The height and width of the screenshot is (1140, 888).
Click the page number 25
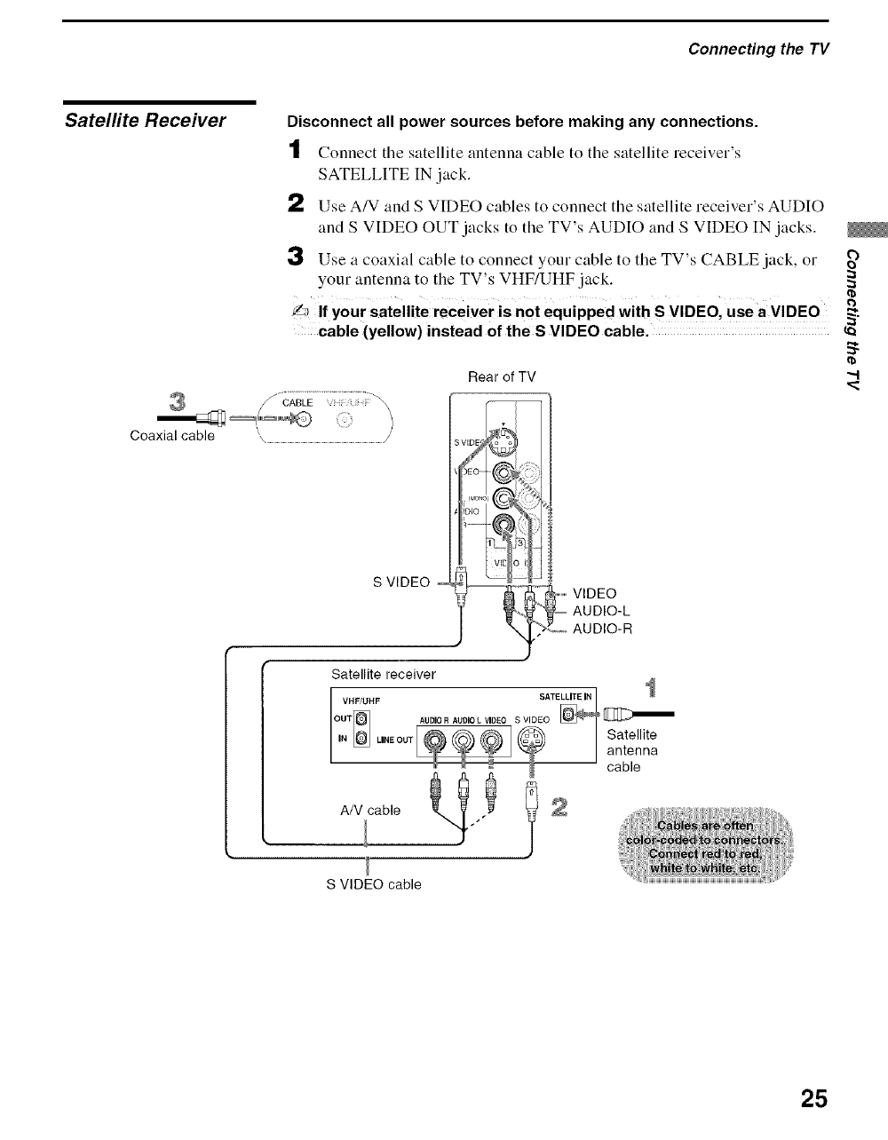[x=813, y=1099]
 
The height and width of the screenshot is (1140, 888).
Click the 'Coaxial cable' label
[x=172, y=436]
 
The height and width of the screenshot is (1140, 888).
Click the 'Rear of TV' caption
[x=502, y=376]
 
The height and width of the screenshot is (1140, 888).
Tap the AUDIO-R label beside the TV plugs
[x=602, y=629]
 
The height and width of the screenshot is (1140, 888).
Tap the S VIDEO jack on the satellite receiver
[x=533, y=739]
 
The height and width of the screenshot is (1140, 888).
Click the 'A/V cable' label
[x=370, y=810]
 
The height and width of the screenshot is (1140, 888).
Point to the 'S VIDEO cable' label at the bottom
[x=374, y=884]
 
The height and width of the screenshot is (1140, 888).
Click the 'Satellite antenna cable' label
[x=631, y=750]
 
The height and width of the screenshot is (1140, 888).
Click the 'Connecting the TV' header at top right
[x=758, y=48]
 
